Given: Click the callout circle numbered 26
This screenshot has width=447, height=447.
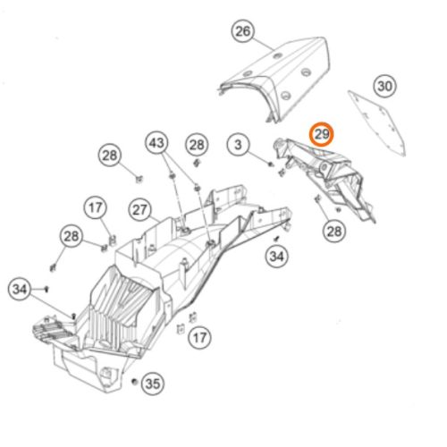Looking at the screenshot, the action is coord(243,31).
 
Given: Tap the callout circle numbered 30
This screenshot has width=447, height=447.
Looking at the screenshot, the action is coord(384,86).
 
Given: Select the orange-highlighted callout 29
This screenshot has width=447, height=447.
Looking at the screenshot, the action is coord(321,134).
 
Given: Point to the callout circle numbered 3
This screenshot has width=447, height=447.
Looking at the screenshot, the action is coord(238,145).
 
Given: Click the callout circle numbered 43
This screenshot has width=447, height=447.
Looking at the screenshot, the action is coord(156,143).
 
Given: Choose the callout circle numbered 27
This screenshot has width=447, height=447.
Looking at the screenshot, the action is coord(139,210).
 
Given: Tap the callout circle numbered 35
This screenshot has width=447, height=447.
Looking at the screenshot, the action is coord(153,384).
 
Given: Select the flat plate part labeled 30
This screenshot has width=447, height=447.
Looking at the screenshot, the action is coord(377,122).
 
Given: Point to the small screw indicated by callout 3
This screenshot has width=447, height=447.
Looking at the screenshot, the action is coord(271,164).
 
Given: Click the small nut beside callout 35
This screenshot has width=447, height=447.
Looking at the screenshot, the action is coord(135,382).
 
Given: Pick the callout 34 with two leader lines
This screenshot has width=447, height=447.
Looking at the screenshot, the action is coord(20,289).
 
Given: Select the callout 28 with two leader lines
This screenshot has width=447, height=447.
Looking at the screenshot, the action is coord(72,236).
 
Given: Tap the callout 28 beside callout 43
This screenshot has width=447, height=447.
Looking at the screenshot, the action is coord(197,145).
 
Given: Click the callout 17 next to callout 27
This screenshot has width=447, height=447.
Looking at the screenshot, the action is coord(96,207).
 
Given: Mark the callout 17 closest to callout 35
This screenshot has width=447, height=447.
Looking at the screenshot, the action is coord(199,338).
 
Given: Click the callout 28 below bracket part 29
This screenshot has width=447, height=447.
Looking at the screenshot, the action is coord(334,232).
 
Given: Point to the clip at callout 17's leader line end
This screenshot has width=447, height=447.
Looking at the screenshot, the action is coord(113,240).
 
